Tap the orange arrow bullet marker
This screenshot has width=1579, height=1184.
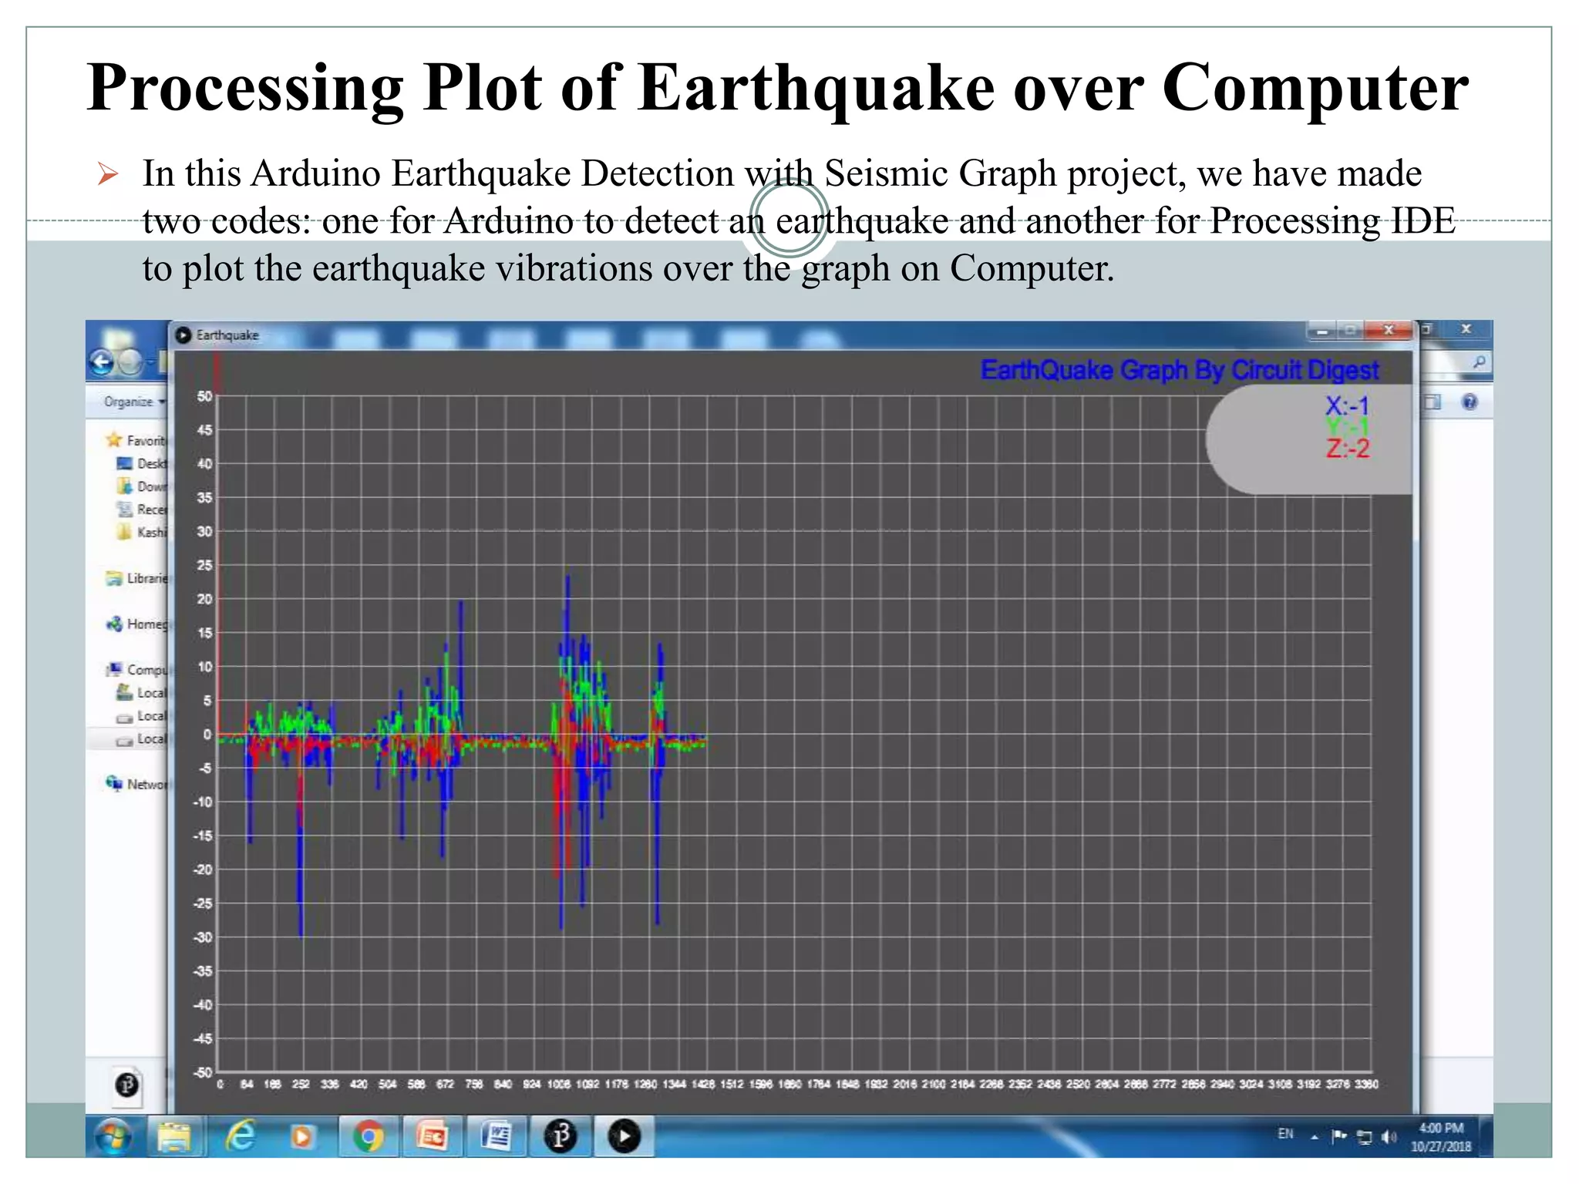point(108,174)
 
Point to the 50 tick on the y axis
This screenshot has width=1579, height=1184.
point(204,396)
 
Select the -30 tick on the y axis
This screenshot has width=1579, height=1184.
point(202,937)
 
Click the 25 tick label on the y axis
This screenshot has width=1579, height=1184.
point(204,565)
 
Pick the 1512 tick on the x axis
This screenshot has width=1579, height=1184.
point(732,1085)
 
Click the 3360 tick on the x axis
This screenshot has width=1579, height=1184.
point(1366,1085)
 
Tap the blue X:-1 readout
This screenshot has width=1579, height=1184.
point(1347,405)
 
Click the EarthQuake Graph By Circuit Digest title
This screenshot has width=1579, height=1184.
point(1179,371)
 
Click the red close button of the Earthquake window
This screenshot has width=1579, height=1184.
point(1389,331)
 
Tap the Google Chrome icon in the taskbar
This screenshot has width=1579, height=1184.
point(368,1137)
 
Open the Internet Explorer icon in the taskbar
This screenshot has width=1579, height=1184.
point(240,1137)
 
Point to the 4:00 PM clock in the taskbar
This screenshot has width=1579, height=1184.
point(1440,1128)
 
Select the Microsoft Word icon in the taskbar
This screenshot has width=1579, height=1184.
point(496,1137)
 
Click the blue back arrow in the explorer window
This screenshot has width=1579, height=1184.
point(102,362)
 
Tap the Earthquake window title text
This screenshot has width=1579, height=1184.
point(227,335)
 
